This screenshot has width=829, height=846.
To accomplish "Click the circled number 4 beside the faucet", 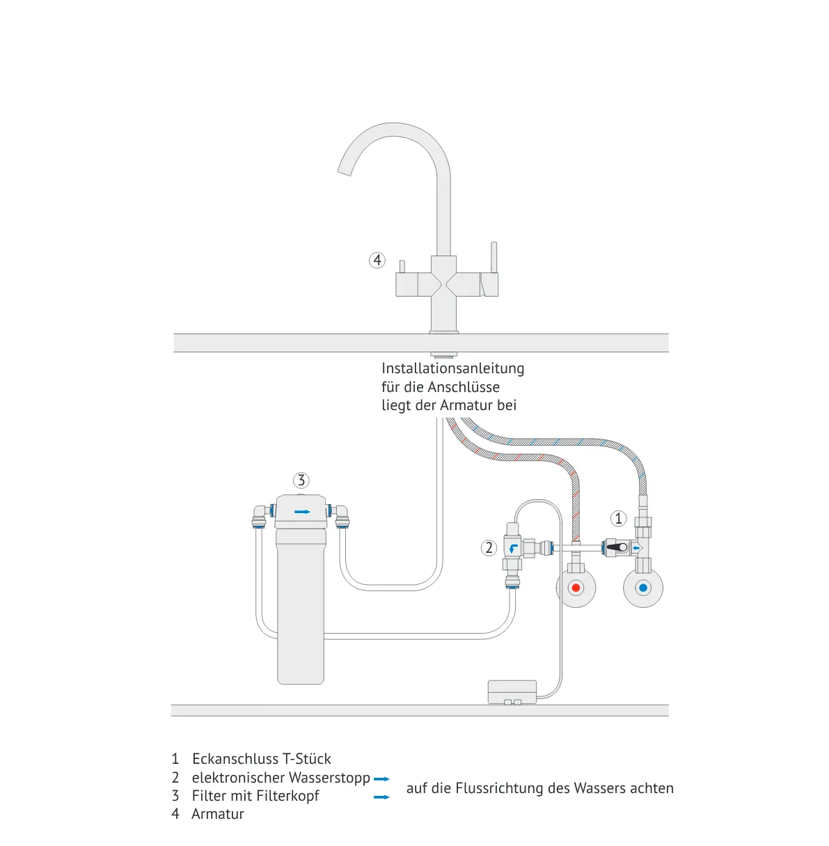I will (377, 260).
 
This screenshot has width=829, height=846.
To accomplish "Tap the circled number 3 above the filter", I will (301, 480).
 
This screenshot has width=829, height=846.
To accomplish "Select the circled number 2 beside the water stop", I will (489, 548).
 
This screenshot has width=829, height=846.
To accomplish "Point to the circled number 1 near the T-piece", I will (618, 519).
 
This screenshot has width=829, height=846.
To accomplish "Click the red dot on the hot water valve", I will (576, 588).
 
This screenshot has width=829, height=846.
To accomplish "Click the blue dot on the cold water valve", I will (642, 588).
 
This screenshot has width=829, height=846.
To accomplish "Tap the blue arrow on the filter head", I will (302, 512).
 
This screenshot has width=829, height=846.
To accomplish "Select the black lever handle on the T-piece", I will (615, 548).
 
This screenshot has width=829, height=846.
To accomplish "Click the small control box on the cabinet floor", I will (512, 691).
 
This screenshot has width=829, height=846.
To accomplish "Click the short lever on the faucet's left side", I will (402, 267).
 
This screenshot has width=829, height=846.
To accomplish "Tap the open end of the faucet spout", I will (345, 169).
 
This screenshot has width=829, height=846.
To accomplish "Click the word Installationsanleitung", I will (452, 368).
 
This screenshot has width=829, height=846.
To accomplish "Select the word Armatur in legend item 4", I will (218, 814).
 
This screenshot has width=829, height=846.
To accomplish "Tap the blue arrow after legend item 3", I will (381, 797).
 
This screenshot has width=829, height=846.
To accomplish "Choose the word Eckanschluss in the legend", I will (233, 759).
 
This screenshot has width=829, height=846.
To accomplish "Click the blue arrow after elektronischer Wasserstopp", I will (381, 779).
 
